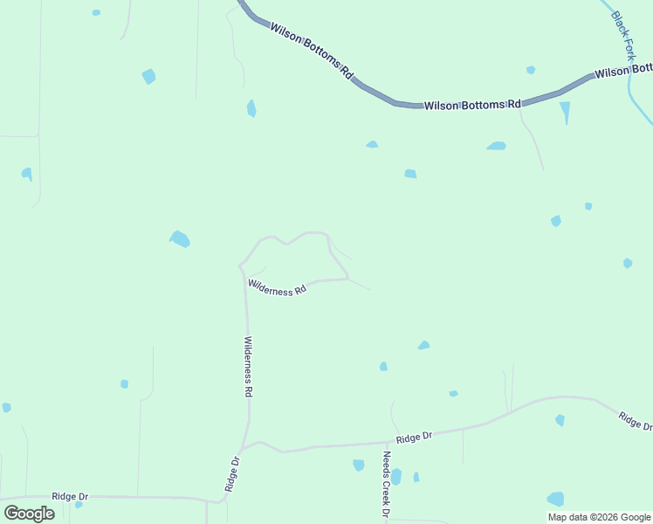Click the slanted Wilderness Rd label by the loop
tap(278, 287)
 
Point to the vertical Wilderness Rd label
tap(248, 367)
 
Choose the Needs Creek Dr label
tap(385, 485)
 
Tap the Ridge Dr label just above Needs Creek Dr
tap(414, 437)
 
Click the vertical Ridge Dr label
tap(232, 473)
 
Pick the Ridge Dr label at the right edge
tap(635, 420)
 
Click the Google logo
tap(30, 514)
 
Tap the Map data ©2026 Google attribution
tap(600, 517)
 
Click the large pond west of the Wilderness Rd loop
tap(180, 238)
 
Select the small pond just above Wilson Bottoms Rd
tap(531, 70)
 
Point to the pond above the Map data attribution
tap(555, 499)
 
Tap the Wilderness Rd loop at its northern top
tap(314, 232)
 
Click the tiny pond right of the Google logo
tap(79, 505)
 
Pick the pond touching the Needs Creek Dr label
tap(396, 477)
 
